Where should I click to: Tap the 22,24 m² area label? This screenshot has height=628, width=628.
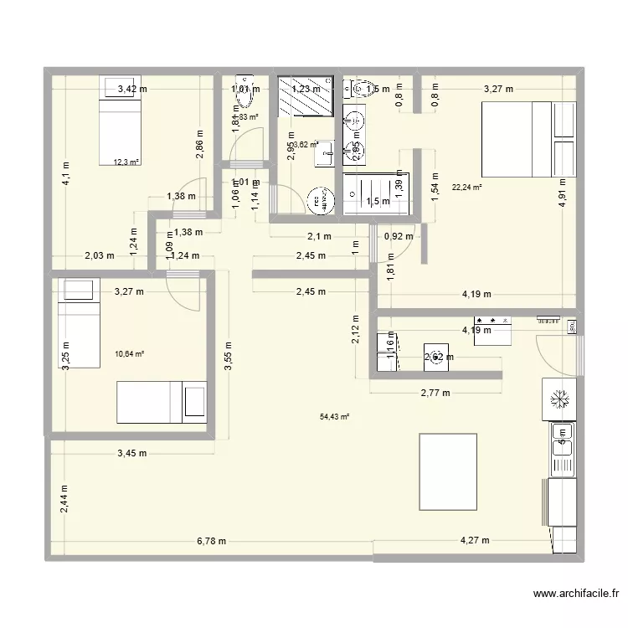pyautogui.click(x=466, y=188)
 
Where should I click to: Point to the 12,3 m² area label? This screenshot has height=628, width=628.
pyautogui.click(x=126, y=162)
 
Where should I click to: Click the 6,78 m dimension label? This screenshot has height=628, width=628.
pyautogui.click(x=212, y=541)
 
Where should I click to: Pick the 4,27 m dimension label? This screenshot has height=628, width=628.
pyautogui.click(x=475, y=541)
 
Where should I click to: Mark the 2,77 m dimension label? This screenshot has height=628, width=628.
pyautogui.click(x=435, y=392)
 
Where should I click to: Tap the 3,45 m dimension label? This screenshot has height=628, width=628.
pyautogui.click(x=131, y=454)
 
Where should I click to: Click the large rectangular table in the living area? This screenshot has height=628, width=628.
pyautogui.click(x=448, y=471)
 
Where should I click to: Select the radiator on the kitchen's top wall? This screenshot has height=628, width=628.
pyautogui.click(x=548, y=319)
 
